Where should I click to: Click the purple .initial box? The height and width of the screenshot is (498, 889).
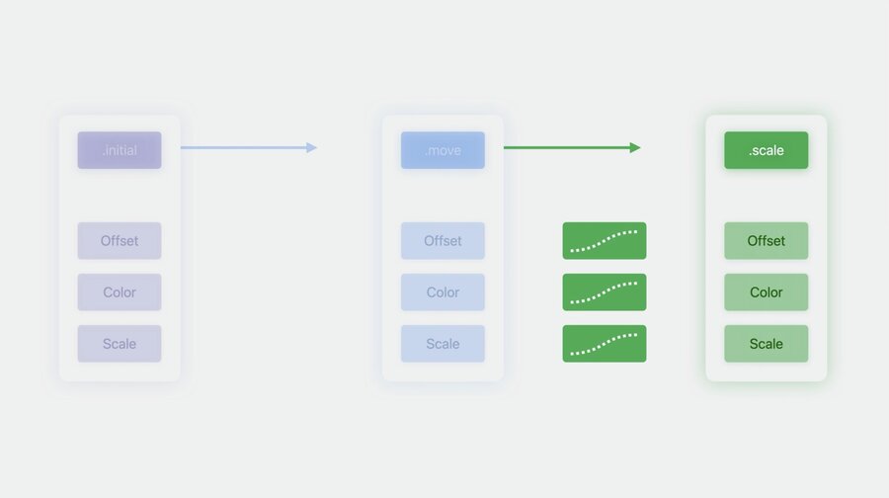(x=120, y=150)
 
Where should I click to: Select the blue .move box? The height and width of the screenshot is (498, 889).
(x=443, y=150)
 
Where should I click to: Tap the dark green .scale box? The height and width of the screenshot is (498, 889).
(x=766, y=150)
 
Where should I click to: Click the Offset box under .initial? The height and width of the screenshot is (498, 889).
(x=120, y=240)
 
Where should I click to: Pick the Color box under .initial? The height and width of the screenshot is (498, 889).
(x=120, y=292)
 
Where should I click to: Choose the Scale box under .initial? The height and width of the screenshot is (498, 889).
(x=120, y=344)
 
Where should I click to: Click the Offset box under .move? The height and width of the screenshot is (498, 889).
(x=443, y=240)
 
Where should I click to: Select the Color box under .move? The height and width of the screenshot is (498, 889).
(x=443, y=292)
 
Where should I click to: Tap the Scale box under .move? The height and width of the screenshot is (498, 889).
(x=443, y=344)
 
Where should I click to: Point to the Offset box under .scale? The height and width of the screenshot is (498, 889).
(x=766, y=240)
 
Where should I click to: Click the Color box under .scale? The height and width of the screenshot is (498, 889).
(x=766, y=292)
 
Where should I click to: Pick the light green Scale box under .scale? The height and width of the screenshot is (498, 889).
(x=766, y=344)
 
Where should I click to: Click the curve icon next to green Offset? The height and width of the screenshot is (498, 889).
(x=605, y=240)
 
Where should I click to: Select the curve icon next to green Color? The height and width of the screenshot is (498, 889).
(x=605, y=292)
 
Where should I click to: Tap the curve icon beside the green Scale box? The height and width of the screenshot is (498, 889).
(x=605, y=344)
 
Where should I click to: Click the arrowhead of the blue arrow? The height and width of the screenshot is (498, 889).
(x=312, y=147)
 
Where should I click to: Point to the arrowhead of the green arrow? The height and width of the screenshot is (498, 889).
(x=635, y=147)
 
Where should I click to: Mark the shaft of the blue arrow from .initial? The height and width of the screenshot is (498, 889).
(x=244, y=147)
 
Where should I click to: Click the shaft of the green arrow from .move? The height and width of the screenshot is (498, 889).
(x=567, y=147)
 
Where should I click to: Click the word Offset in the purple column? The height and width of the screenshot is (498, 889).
(x=120, y=240)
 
